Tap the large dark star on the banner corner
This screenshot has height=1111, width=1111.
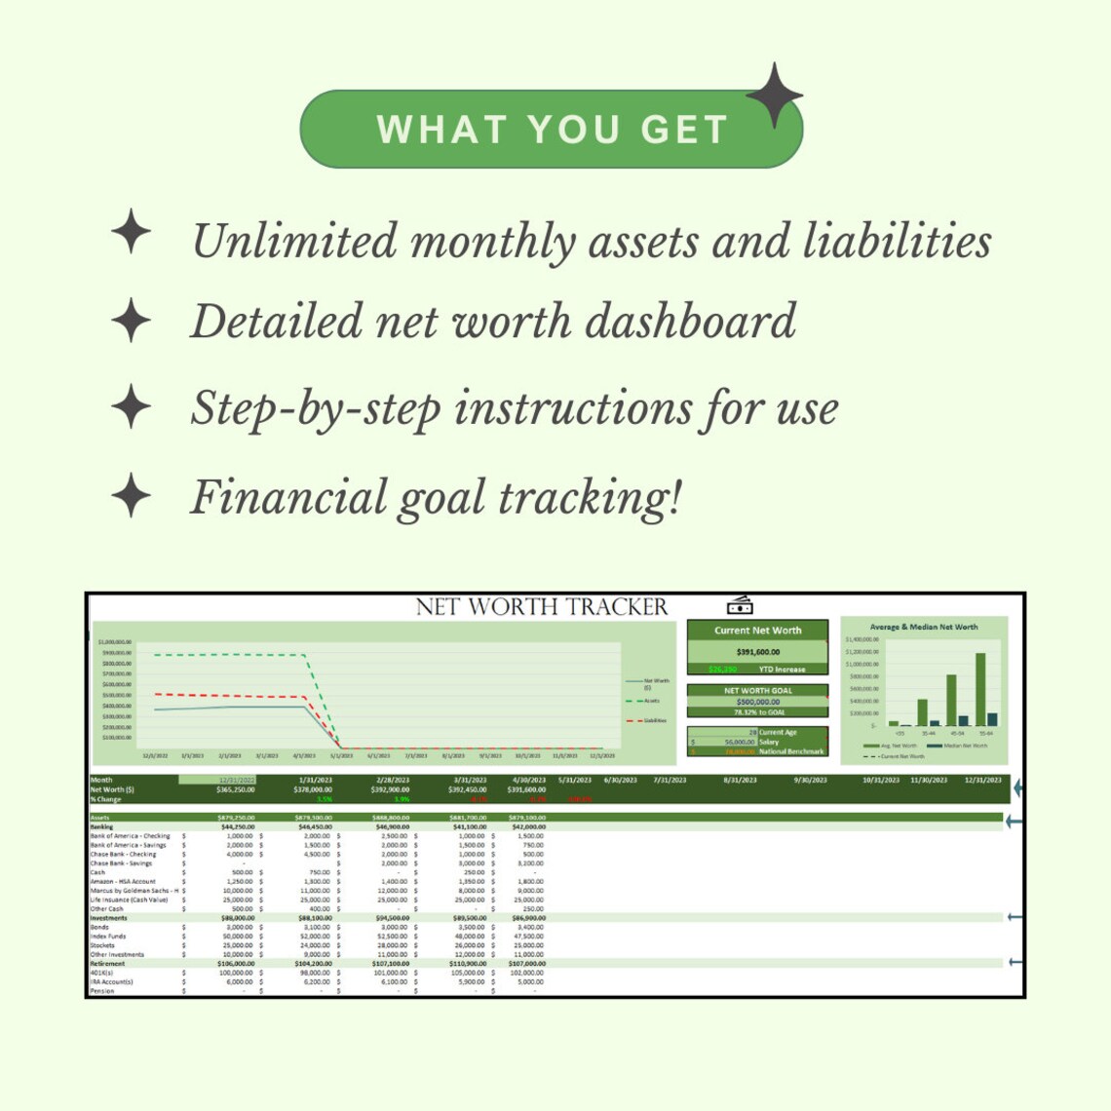(774, 96)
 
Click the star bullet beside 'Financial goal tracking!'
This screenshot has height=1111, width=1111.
(131, 495)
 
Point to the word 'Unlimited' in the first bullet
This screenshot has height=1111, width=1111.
(295, 242)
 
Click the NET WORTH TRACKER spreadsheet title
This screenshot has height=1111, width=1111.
(542, 607)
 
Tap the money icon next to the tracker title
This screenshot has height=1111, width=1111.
(740, 606)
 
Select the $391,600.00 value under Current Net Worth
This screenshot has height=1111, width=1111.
(757, 652)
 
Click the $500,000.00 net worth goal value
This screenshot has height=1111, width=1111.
(757, 702)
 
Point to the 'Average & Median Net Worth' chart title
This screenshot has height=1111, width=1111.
(923, 627)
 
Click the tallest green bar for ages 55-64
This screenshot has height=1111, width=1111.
(979, 689)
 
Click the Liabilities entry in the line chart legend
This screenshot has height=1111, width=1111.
(654, 720)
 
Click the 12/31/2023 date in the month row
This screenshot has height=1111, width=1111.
(982, 781)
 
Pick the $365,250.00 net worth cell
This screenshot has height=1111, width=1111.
(235, 790)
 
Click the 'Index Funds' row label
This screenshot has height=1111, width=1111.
(108, 937)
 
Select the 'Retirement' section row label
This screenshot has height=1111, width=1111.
(107, 964)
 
